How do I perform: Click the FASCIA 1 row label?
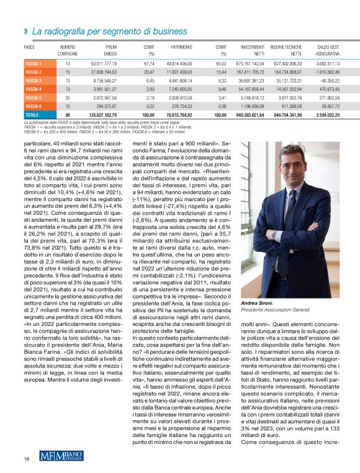click(x=33, y=63)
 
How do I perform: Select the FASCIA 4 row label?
click(x=33, y=89)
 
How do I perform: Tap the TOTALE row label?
click(x=32, y=115)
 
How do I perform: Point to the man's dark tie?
click(x=292, y=211)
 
